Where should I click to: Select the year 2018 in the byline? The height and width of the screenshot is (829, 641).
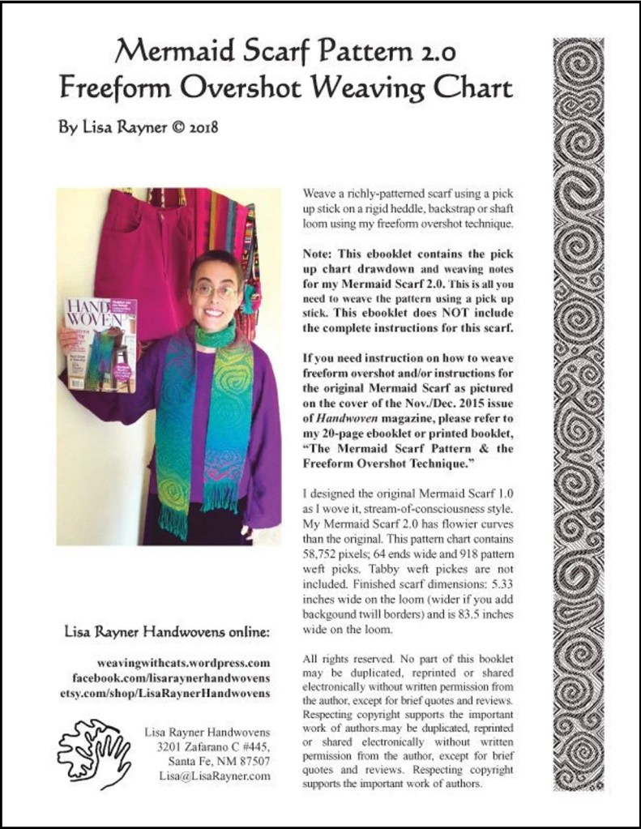[x=200, y=127]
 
